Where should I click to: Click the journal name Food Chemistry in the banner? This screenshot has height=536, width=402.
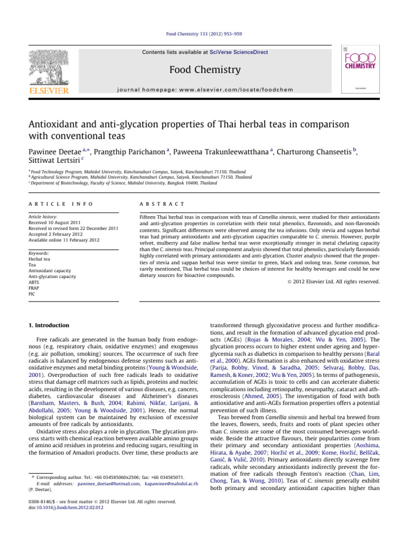click(x=200, y=70)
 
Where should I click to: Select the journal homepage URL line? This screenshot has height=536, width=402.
click(x=200, y=90)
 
